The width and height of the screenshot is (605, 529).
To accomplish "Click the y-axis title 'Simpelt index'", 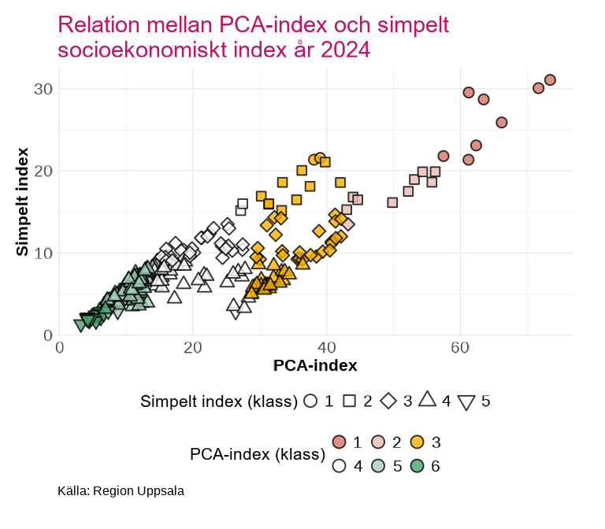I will coord(22,201).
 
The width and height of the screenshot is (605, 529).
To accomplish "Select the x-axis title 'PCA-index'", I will coord(315,366).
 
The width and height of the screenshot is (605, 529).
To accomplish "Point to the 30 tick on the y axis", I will coord(43,89).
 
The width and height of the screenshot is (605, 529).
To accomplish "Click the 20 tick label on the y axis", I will coord(43,171).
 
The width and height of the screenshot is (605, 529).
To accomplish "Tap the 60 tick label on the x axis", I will coord(460,348).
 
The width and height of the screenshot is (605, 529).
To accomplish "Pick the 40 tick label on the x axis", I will coord(326,348).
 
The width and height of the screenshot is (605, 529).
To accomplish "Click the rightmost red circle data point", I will coord(550,80).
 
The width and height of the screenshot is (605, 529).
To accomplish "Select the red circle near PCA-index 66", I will coord(502,122).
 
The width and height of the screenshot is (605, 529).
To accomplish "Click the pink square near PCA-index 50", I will coord(392,202).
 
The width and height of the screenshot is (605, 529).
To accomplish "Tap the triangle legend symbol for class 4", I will coord(427,399).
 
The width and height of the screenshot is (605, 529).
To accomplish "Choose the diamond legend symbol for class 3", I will coord(388,401).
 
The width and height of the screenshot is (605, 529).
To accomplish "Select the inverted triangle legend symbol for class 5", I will coord(466,402).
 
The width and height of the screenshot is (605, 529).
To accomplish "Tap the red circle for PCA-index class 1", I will coord(340,442).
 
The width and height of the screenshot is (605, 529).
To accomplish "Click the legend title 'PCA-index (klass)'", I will coord(258,454).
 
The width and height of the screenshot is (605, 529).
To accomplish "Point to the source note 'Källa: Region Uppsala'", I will coord(121,491).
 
